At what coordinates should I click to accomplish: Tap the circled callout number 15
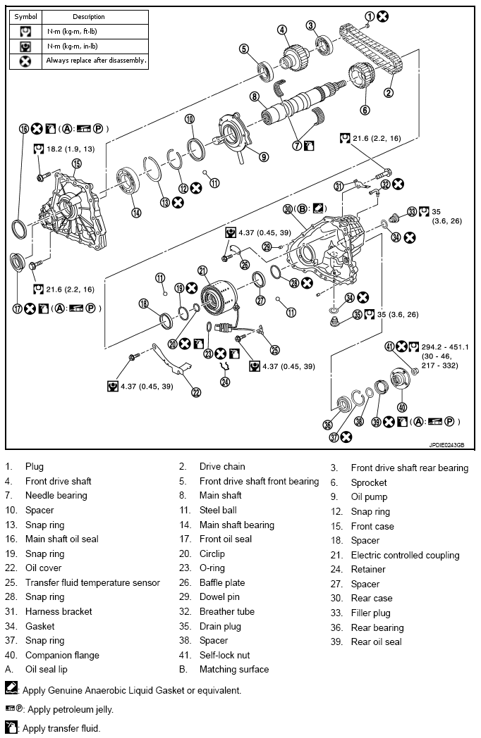[76, 163]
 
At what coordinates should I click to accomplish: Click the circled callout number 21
[202, 270]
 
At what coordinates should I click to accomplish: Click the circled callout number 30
[288, 209]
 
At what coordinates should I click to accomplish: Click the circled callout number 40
[402, 406]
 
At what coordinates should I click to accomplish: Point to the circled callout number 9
[263, 156]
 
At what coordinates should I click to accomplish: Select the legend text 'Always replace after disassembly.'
[96, 61]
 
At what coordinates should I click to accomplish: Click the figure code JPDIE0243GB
[450, 445]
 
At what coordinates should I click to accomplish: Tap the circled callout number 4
[282, 30]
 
